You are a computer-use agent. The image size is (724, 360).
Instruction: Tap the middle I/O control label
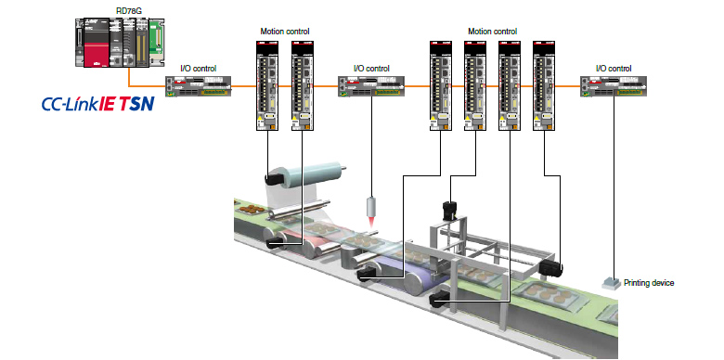point(371,68)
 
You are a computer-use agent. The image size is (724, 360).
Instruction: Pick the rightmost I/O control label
point(613,68)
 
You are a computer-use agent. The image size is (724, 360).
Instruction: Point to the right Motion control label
point(492,32)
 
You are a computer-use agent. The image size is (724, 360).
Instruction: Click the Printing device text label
point(650,283)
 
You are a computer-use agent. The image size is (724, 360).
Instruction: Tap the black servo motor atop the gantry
point(453,212)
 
